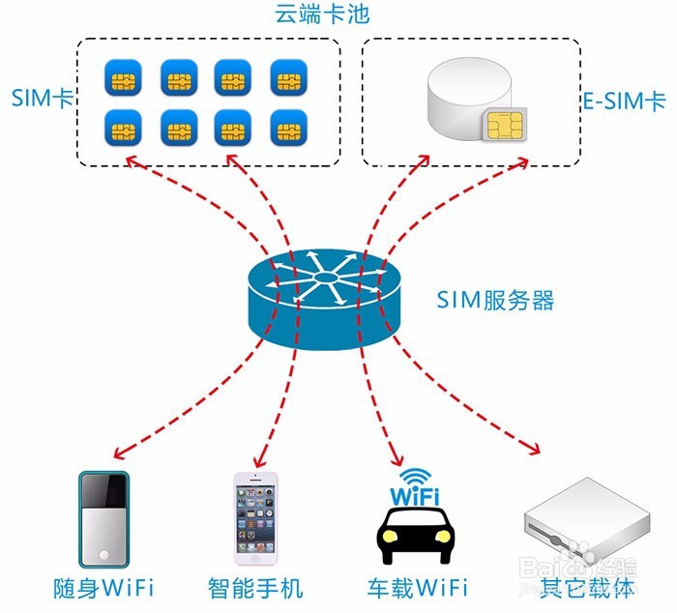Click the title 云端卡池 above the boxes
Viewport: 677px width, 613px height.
(x=322, y=15)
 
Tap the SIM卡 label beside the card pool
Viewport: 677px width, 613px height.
(x=43, y=98)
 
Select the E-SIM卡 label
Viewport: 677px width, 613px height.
(x=625, y=102)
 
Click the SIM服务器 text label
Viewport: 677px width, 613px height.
(x=495, y=300)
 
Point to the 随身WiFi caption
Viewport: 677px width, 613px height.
(x=103, y=588)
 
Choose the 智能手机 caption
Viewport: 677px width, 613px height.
(x=255, y=588)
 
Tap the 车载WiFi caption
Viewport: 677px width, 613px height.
(x=418, y=588)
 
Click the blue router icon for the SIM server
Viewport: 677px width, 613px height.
(x=324, y=299)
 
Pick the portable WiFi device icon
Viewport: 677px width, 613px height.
(x=103, y=519)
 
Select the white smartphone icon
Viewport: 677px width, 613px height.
(x=255, y=518)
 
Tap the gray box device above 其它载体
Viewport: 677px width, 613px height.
(x=587, y=521)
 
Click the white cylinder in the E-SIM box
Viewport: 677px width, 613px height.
(x=468, y=97)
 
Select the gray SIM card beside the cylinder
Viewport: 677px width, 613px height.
(x=505, y=125)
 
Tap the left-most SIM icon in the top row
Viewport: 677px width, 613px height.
(x=123, y=77)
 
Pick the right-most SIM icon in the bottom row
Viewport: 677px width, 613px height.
(x=289, y=128)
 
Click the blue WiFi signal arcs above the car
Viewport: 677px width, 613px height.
(x=415, y=477)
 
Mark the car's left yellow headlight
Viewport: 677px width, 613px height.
(x=391, y=537)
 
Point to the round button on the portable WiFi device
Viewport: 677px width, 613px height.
(x=103, y=554)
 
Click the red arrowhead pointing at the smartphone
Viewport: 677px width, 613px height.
(x=260, y=462)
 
